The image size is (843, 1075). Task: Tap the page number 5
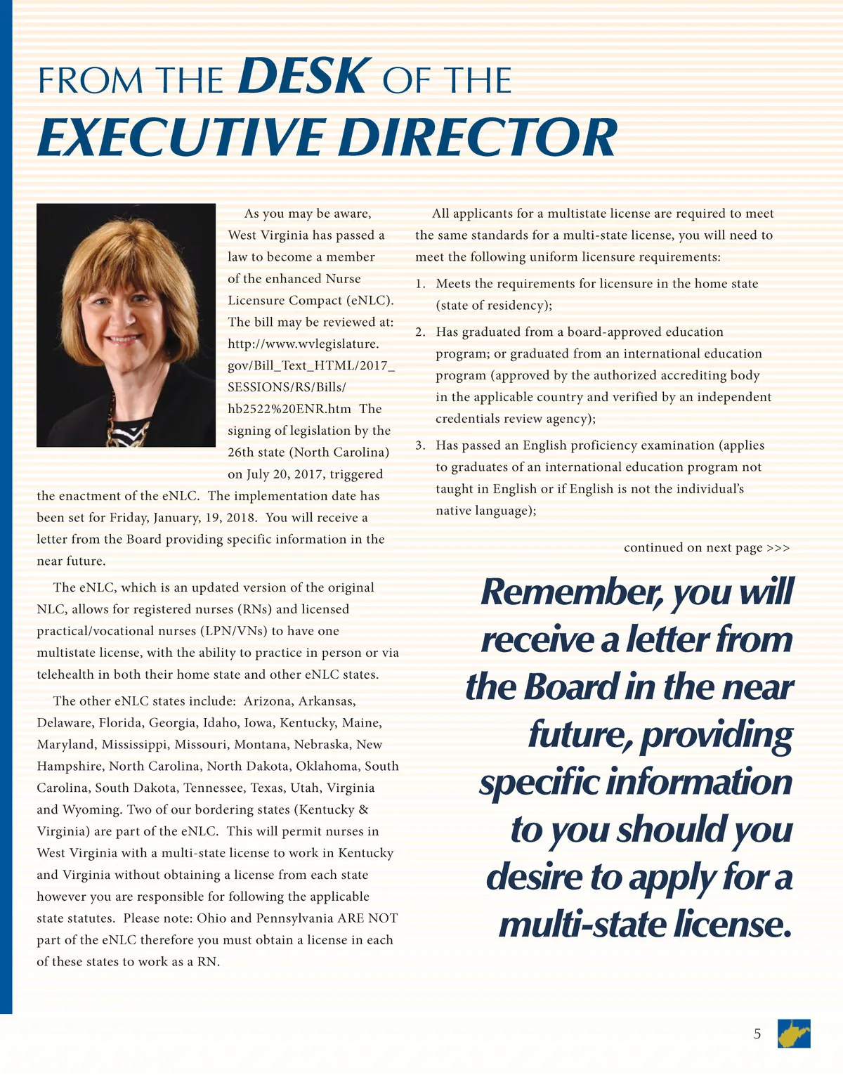(x=757, y=1034)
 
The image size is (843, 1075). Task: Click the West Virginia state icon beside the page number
(x=795, y=1034)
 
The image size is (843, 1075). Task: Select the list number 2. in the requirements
(x=420, y=332)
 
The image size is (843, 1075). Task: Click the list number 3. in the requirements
(x=420, y=445)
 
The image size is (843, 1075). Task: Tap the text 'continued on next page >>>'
(x=707, y=547)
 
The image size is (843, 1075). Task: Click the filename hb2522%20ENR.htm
(x=289, y=409)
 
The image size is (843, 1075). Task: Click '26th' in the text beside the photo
(x=242, y=452)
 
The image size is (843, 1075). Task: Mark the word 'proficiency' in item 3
(x=566, y=445)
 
